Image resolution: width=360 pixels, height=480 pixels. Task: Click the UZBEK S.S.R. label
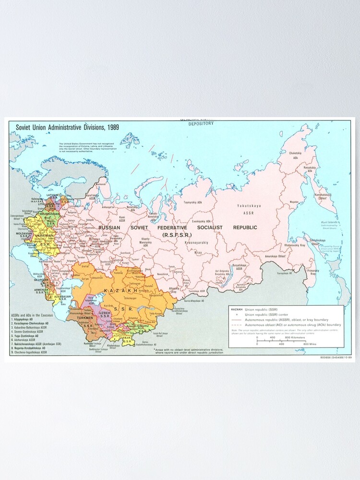pos(105,315)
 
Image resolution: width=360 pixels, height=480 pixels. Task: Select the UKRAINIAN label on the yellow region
pos(42,236)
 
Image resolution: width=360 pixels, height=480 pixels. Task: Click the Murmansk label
pos(100,184)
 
